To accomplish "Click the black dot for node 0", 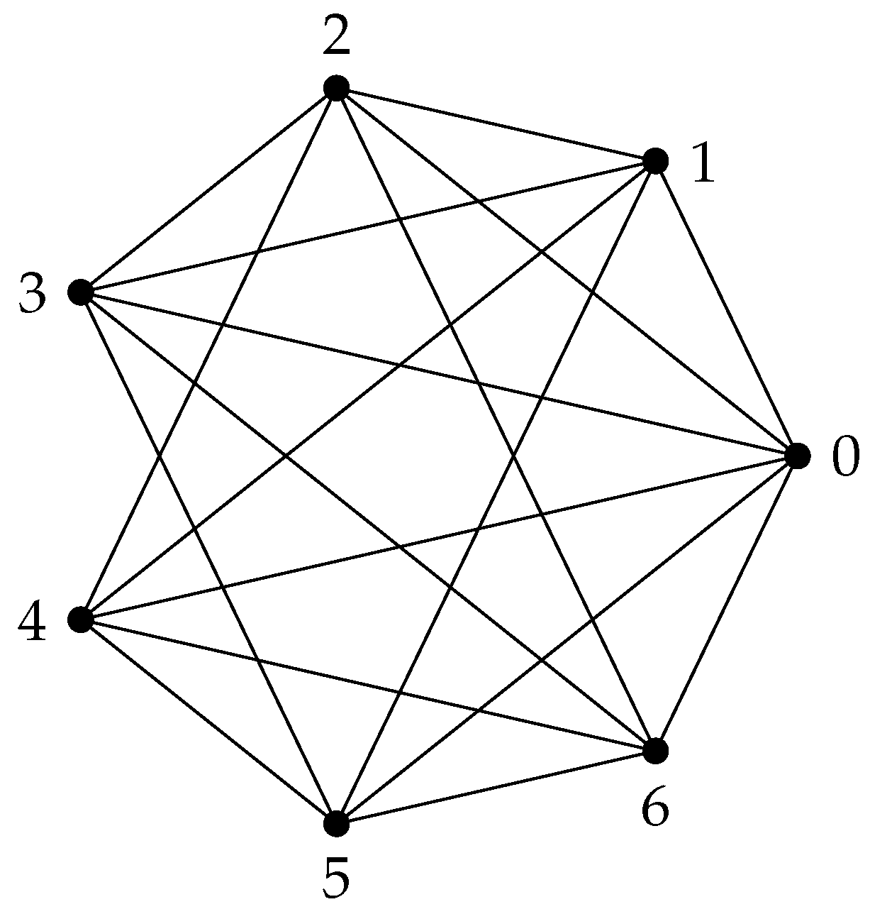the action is tap(797, 456).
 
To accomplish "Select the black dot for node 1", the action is tap(655, 161).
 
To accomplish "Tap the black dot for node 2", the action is tap(336, 88).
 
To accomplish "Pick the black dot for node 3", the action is tap(81, 292).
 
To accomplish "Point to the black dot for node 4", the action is tap(81, 620).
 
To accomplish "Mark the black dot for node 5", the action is tap(336, 824).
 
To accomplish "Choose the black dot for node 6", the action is tap(655, 751).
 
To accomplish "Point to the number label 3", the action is tap(33, 294).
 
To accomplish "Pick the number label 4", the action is tap(33, 623).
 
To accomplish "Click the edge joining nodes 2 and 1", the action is tap(496, 125).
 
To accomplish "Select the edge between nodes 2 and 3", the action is tap(208, 190).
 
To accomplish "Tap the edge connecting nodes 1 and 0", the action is tap(726, 309).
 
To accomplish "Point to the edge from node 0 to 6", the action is tap(726, 603).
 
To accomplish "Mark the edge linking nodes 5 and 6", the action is tap(496, 788).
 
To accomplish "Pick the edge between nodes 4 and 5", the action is tap(208, 722).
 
